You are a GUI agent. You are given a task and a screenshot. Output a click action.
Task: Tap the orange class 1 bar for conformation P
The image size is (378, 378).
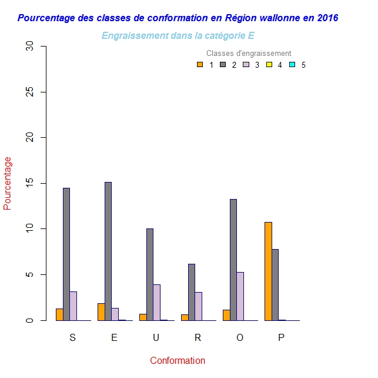268,271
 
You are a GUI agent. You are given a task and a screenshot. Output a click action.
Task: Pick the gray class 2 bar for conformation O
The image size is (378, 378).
233,260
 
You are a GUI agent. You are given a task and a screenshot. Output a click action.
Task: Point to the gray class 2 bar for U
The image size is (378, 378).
150,274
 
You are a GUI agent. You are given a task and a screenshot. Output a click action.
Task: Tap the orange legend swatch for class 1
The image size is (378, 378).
200,65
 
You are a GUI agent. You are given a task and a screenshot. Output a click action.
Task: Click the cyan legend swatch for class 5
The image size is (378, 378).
292,65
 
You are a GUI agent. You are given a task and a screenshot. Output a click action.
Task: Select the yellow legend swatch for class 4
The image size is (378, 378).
269,65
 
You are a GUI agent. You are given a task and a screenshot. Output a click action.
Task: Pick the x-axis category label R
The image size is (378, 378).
198,337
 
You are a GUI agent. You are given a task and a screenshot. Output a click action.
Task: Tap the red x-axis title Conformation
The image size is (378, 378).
178,360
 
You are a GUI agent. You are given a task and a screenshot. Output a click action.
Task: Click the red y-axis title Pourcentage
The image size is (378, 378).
8,183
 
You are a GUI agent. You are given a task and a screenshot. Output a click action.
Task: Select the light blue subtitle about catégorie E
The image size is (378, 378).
178,36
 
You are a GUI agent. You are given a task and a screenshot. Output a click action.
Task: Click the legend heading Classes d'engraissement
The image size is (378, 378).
249,54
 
